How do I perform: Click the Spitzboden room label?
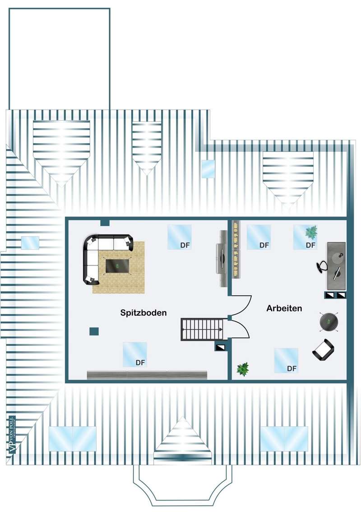(x=143, y=312)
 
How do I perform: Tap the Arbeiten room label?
(x=284, y=308)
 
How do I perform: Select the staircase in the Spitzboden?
(x=203, y=330)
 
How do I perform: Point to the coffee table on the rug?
(x=118, y=265)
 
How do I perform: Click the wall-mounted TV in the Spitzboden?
(x=222, y=259)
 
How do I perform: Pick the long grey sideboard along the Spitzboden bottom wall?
(x=147, y=375)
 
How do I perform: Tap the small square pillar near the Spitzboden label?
(x=94, y=331)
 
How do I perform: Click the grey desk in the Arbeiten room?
(x=337, y=265)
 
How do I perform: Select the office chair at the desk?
(x=322, y=267)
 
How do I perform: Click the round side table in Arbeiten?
(x=329, y=321)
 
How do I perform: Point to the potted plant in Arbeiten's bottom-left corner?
(x=243, y=369)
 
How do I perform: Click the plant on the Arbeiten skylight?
(x=311, y=232)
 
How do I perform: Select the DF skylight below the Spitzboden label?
(x=134, y=354)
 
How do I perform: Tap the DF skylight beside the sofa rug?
(x=179, y=237)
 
